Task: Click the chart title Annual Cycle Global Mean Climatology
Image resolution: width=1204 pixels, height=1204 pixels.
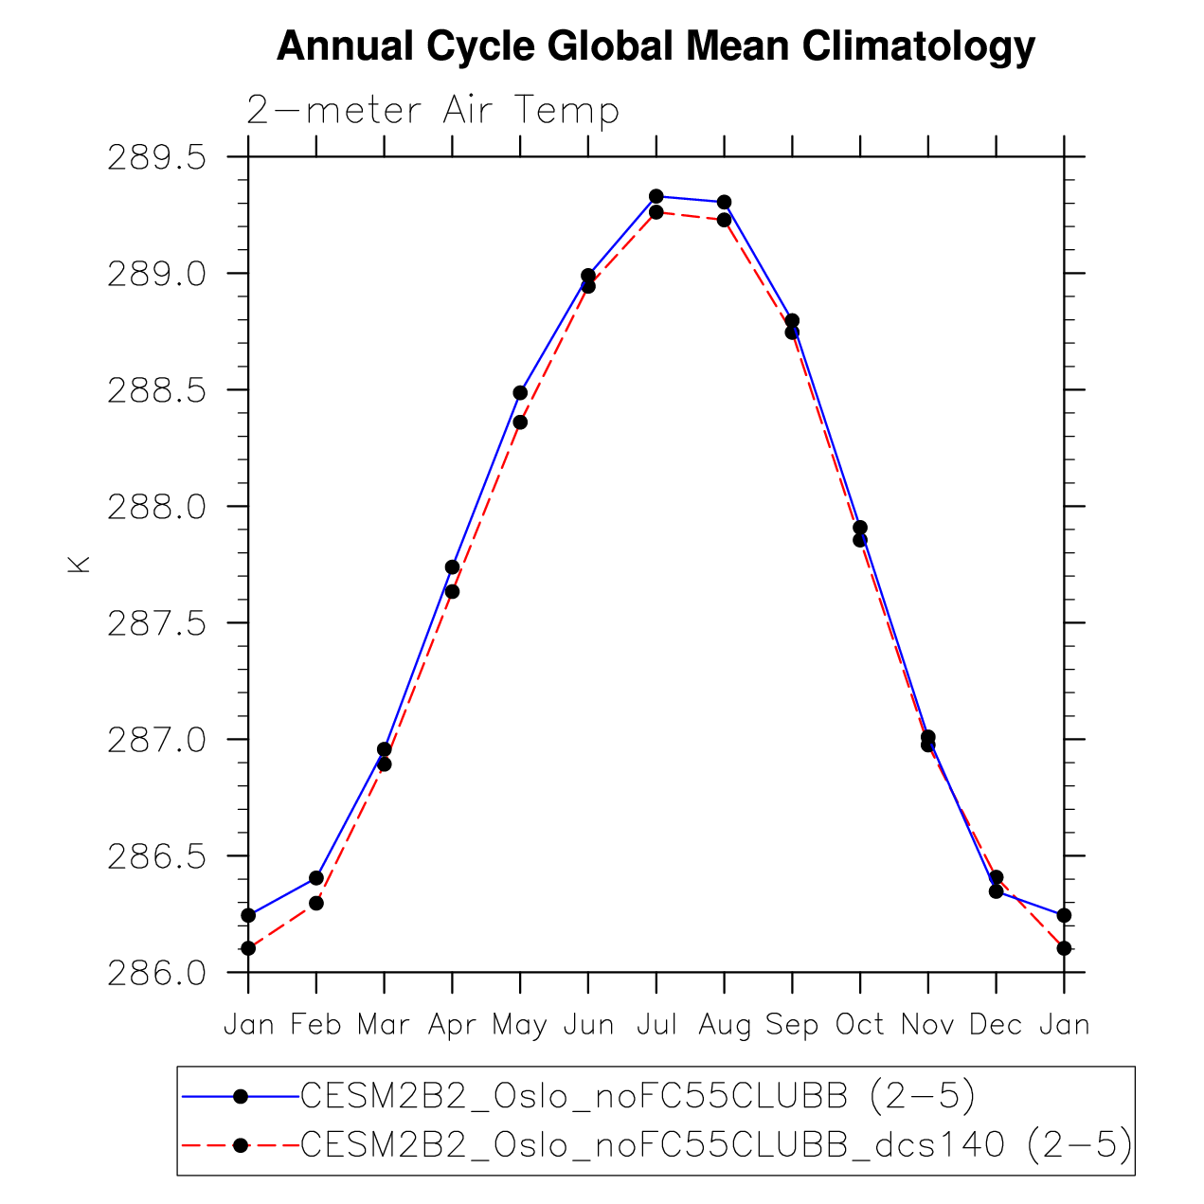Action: [x=656, y=46]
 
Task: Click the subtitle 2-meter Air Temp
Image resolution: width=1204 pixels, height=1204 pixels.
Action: [x=432, y=111]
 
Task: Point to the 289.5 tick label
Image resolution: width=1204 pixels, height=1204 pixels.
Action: [x=156, y=157]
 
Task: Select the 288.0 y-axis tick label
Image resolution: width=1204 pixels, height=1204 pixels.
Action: [x=156, y=507]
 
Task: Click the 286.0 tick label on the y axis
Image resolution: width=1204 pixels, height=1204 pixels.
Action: [x=156, y=973]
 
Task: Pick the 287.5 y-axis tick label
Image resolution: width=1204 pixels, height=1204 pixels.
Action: [x=156, y=623]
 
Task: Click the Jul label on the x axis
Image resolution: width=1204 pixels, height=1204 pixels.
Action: [x=656, y=1025]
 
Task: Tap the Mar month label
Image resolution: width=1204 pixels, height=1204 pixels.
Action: [x=384, y=1025]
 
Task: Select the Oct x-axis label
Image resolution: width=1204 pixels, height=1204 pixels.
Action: [x=859, y=1025]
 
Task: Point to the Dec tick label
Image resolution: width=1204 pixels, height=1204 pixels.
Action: [x=996, y=1025]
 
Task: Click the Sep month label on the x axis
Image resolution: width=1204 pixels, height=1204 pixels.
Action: [x=792, y=1025]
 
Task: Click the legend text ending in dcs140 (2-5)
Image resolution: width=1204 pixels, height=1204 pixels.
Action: [x=716, y=1145]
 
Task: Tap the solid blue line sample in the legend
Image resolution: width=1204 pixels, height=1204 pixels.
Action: [x=240, y=1096]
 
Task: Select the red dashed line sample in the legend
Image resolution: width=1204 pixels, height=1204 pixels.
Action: [x=240, y=1145]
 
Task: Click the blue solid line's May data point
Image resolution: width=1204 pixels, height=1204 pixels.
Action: [x=520, y=392]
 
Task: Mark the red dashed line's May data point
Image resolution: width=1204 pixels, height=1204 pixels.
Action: [x=520, y=422]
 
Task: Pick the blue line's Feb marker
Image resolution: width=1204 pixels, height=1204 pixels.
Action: [x=316, y=878]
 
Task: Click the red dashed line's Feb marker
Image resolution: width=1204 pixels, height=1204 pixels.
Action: [x=316, y=904]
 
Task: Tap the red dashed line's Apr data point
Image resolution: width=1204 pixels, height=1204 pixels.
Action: [x=452, y=592]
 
